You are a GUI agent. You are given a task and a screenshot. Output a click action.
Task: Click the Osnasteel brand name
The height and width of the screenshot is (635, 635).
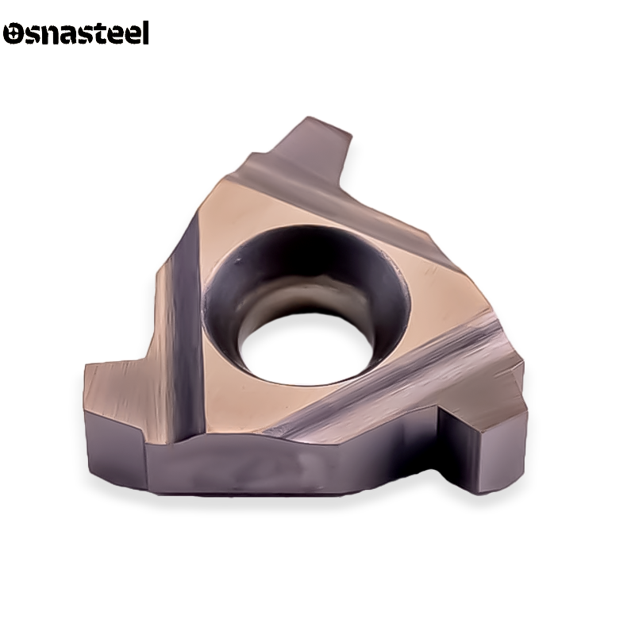[75, 33]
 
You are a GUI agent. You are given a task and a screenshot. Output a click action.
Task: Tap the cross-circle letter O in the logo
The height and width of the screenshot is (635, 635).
[13, 33]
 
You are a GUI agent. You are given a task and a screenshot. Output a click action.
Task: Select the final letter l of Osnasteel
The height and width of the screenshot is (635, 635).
[145, 33]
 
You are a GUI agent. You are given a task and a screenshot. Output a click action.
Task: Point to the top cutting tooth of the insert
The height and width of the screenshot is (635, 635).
[320, 146]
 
